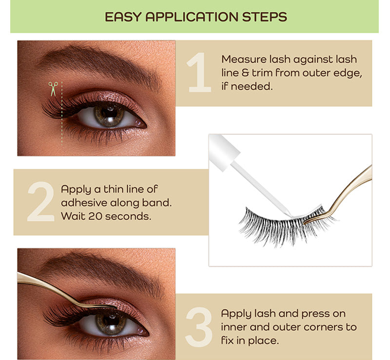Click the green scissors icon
coord(53,89)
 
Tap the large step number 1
coord(199,73)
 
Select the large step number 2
coord(41,201)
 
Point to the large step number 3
coord(199,327)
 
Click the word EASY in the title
coord(123,17)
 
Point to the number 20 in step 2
coord(95,216)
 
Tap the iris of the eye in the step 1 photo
coord(109,116)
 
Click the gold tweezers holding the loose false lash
coord(343,197)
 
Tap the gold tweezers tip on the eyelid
coord(113,307)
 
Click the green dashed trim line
coord(62,113)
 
